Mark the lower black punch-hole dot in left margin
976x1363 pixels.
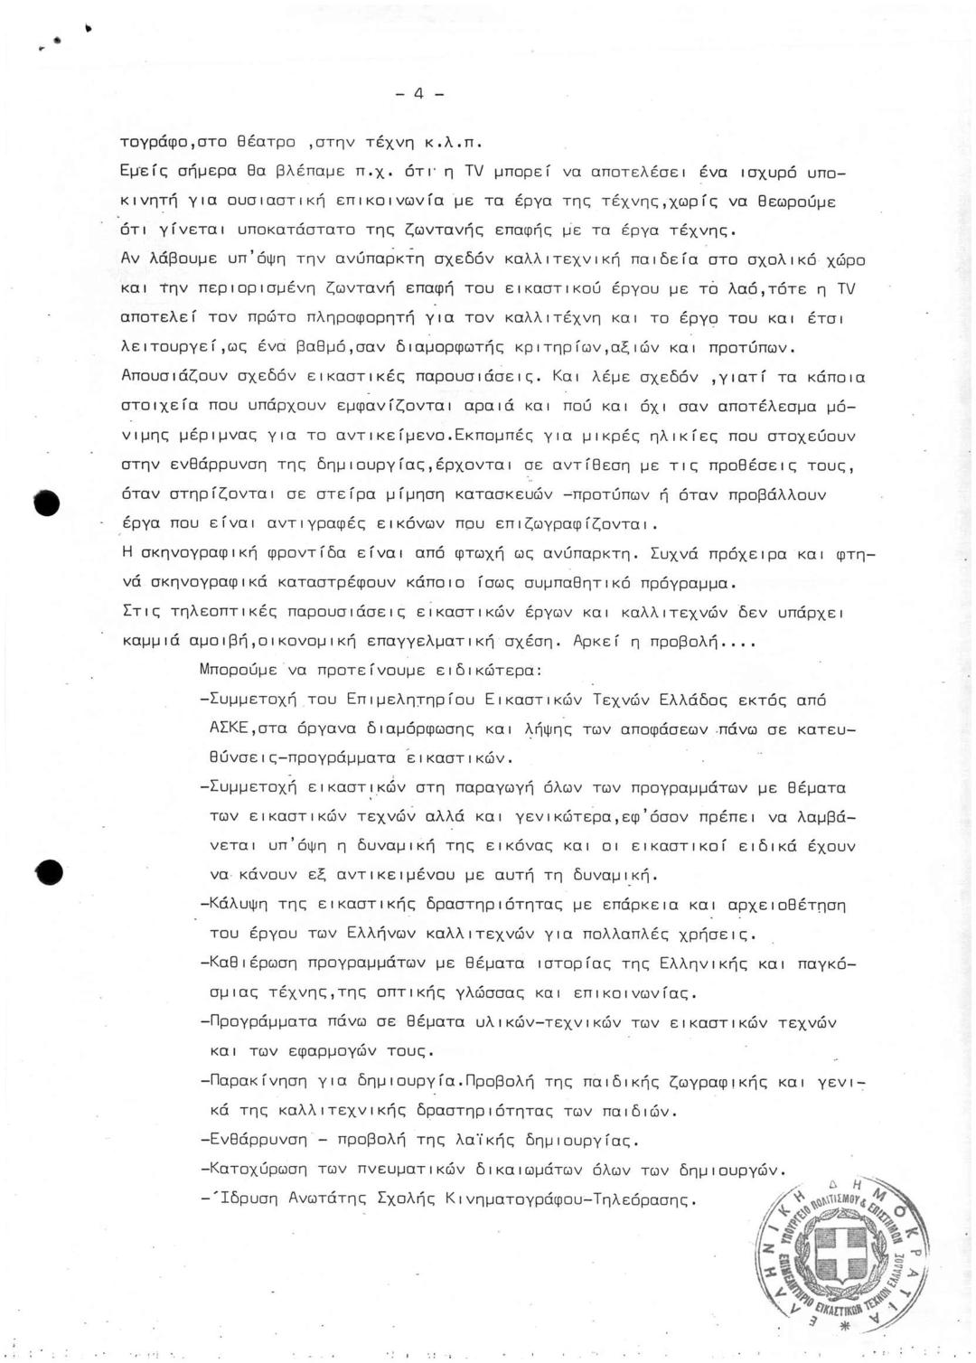coord(49,872)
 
